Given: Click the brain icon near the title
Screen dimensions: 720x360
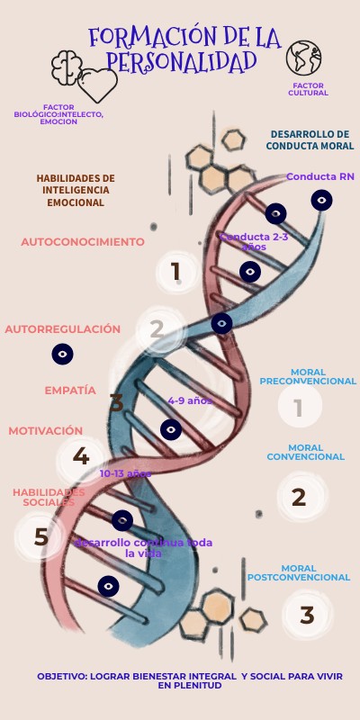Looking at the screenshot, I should (x=66, y=65).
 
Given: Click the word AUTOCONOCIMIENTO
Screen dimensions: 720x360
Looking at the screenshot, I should (x=83, y=242).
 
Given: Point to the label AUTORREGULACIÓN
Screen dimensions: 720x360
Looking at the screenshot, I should (x=63, y=329).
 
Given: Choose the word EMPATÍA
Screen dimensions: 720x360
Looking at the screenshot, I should (x=70, y=391).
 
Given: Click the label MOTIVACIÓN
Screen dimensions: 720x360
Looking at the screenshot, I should (x=46, y=431).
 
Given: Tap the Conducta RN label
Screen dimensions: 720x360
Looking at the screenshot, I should (x=320, y=176).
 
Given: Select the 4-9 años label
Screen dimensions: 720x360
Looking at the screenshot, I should (x=190, y=400).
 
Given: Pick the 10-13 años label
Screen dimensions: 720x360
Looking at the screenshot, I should (x=125, y=473).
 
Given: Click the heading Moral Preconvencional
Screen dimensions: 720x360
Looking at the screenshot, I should (x=308, y=376).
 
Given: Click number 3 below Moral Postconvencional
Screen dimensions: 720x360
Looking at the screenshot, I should (x=307, y=616).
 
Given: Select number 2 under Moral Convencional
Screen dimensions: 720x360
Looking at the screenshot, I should (x=299, y=497).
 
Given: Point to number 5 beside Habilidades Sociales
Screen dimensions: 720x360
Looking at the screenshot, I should (x=40, y=537).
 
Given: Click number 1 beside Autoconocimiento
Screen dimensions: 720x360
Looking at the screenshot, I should (x=175, y=271).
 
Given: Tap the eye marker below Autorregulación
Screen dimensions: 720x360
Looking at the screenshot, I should (x=62, y=354).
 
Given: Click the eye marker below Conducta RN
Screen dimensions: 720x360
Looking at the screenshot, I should (x=321, y=200).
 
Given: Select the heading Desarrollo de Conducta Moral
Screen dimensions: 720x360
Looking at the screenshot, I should (x=310, y=139).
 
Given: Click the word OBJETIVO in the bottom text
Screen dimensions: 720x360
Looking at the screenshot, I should (x=62, y=676).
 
